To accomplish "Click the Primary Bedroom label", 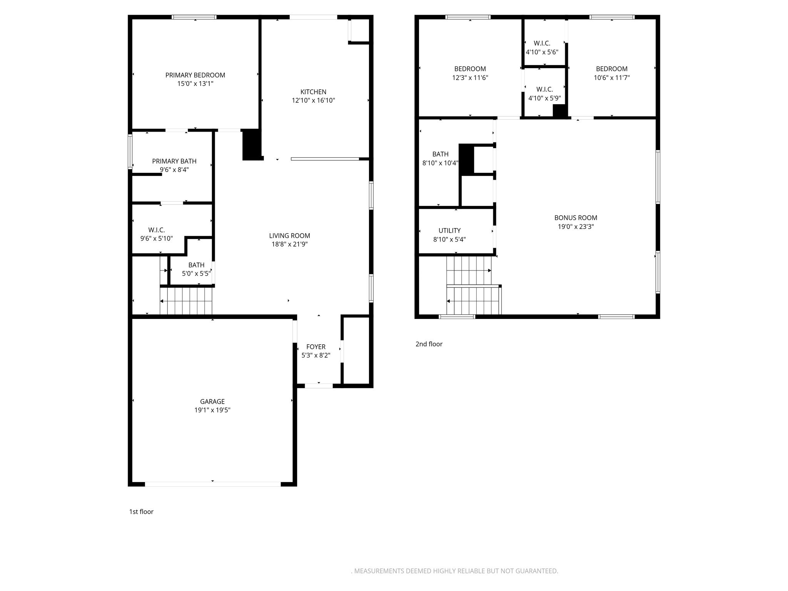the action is [x=195, y=75].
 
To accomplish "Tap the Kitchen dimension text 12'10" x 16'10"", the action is [x=313, y=100].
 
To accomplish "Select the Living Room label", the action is [x=289, y=235].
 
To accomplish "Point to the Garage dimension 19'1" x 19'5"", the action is [x=212, y=410].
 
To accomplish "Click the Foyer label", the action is [x=316, y=347].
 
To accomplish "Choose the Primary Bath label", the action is [x=174, y=161].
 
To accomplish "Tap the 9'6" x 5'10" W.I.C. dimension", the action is [x=157, y=239].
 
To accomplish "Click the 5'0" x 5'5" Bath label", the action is [x=196, y=265].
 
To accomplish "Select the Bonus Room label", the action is [x=576, y=218].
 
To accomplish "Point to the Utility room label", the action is [x=449, y=230].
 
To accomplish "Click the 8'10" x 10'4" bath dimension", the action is [x=441, y=163].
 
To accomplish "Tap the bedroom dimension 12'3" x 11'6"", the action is [x=470, y=78].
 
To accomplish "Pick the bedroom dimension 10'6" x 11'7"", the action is [x=612, y=78].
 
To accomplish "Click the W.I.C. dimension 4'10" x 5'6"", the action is [x=542, y=52].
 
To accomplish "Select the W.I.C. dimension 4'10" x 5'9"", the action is [x=544, y=98].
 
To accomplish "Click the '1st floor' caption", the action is [x=141, y=512].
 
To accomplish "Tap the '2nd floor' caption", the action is [x=429, y=344].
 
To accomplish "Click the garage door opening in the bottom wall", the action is [x=213, y=484].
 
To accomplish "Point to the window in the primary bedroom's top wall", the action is [x=194, y=17].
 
